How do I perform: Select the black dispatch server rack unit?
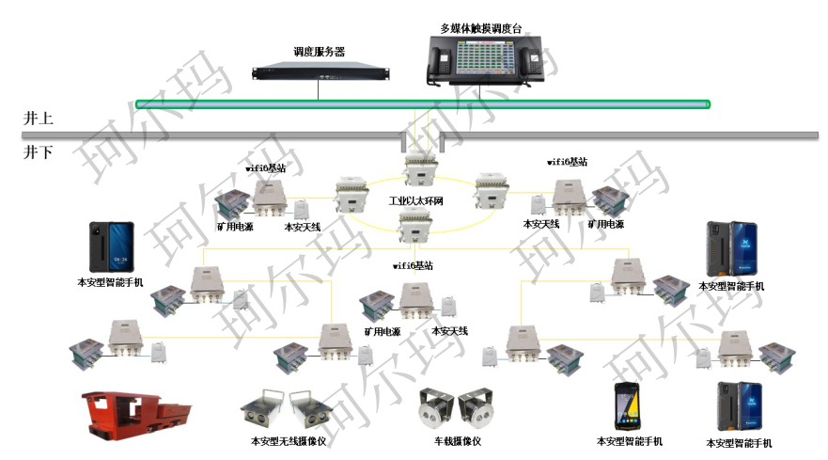point(320,72)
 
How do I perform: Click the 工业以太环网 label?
point(416,201)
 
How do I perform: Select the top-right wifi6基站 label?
point(567,162)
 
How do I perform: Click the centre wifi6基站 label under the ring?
point(413,266)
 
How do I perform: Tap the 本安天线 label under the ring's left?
point(302,227)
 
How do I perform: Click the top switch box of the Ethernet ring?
point(417,170)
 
